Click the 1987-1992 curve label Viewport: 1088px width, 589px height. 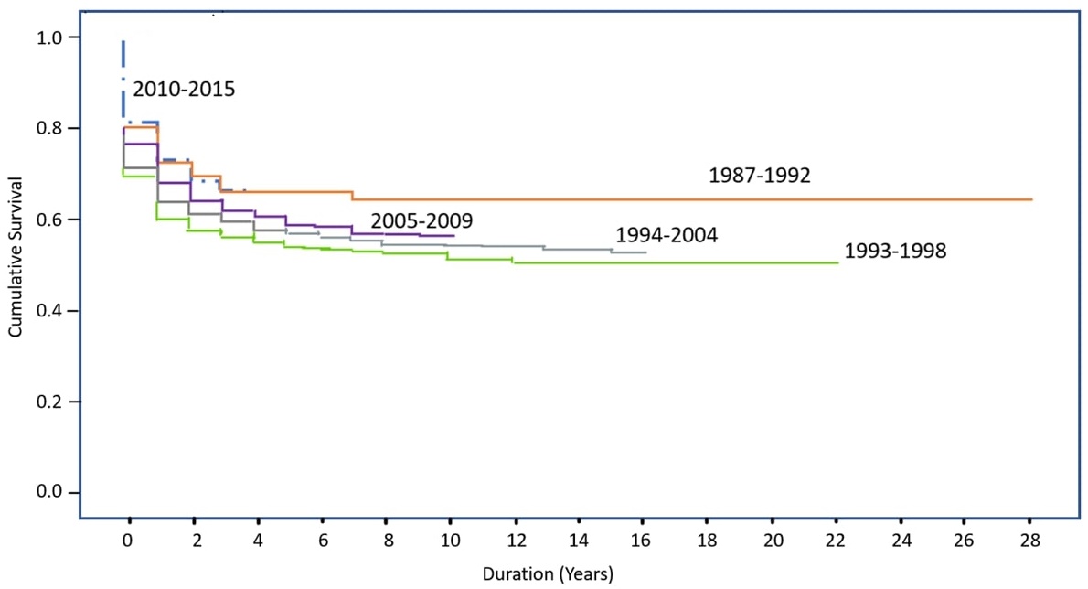pos(759,176)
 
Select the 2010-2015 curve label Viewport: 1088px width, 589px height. pos(184,91)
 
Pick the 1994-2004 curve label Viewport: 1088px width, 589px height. pos(667,235)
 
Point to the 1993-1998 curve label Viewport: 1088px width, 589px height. pos(895,251)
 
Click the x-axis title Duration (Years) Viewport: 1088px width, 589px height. pos(549,574)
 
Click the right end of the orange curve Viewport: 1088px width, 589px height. pos(1031,199)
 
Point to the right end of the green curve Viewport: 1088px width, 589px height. pos(837,262)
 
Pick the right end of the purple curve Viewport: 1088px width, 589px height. pos(453,235)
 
